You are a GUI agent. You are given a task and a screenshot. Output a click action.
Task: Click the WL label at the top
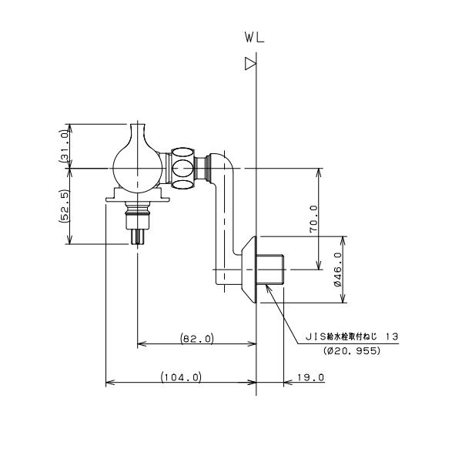tap(255, 38)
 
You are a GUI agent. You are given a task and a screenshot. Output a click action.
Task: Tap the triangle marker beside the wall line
tap(250, 64)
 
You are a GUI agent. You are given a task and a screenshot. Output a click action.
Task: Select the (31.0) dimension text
tap(65, 146)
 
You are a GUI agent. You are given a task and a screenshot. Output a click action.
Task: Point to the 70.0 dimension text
tap(314, 219)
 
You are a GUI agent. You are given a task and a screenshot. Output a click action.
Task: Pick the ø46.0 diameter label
tap(338, 269)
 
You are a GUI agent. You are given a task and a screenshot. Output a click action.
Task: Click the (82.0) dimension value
tap(197, 338)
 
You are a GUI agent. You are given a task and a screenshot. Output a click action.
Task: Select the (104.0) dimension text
tap(181, 377)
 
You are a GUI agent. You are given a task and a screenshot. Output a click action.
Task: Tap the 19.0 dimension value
tap(310, 377)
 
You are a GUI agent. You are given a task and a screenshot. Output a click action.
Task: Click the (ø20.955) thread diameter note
tap(352, 350)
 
